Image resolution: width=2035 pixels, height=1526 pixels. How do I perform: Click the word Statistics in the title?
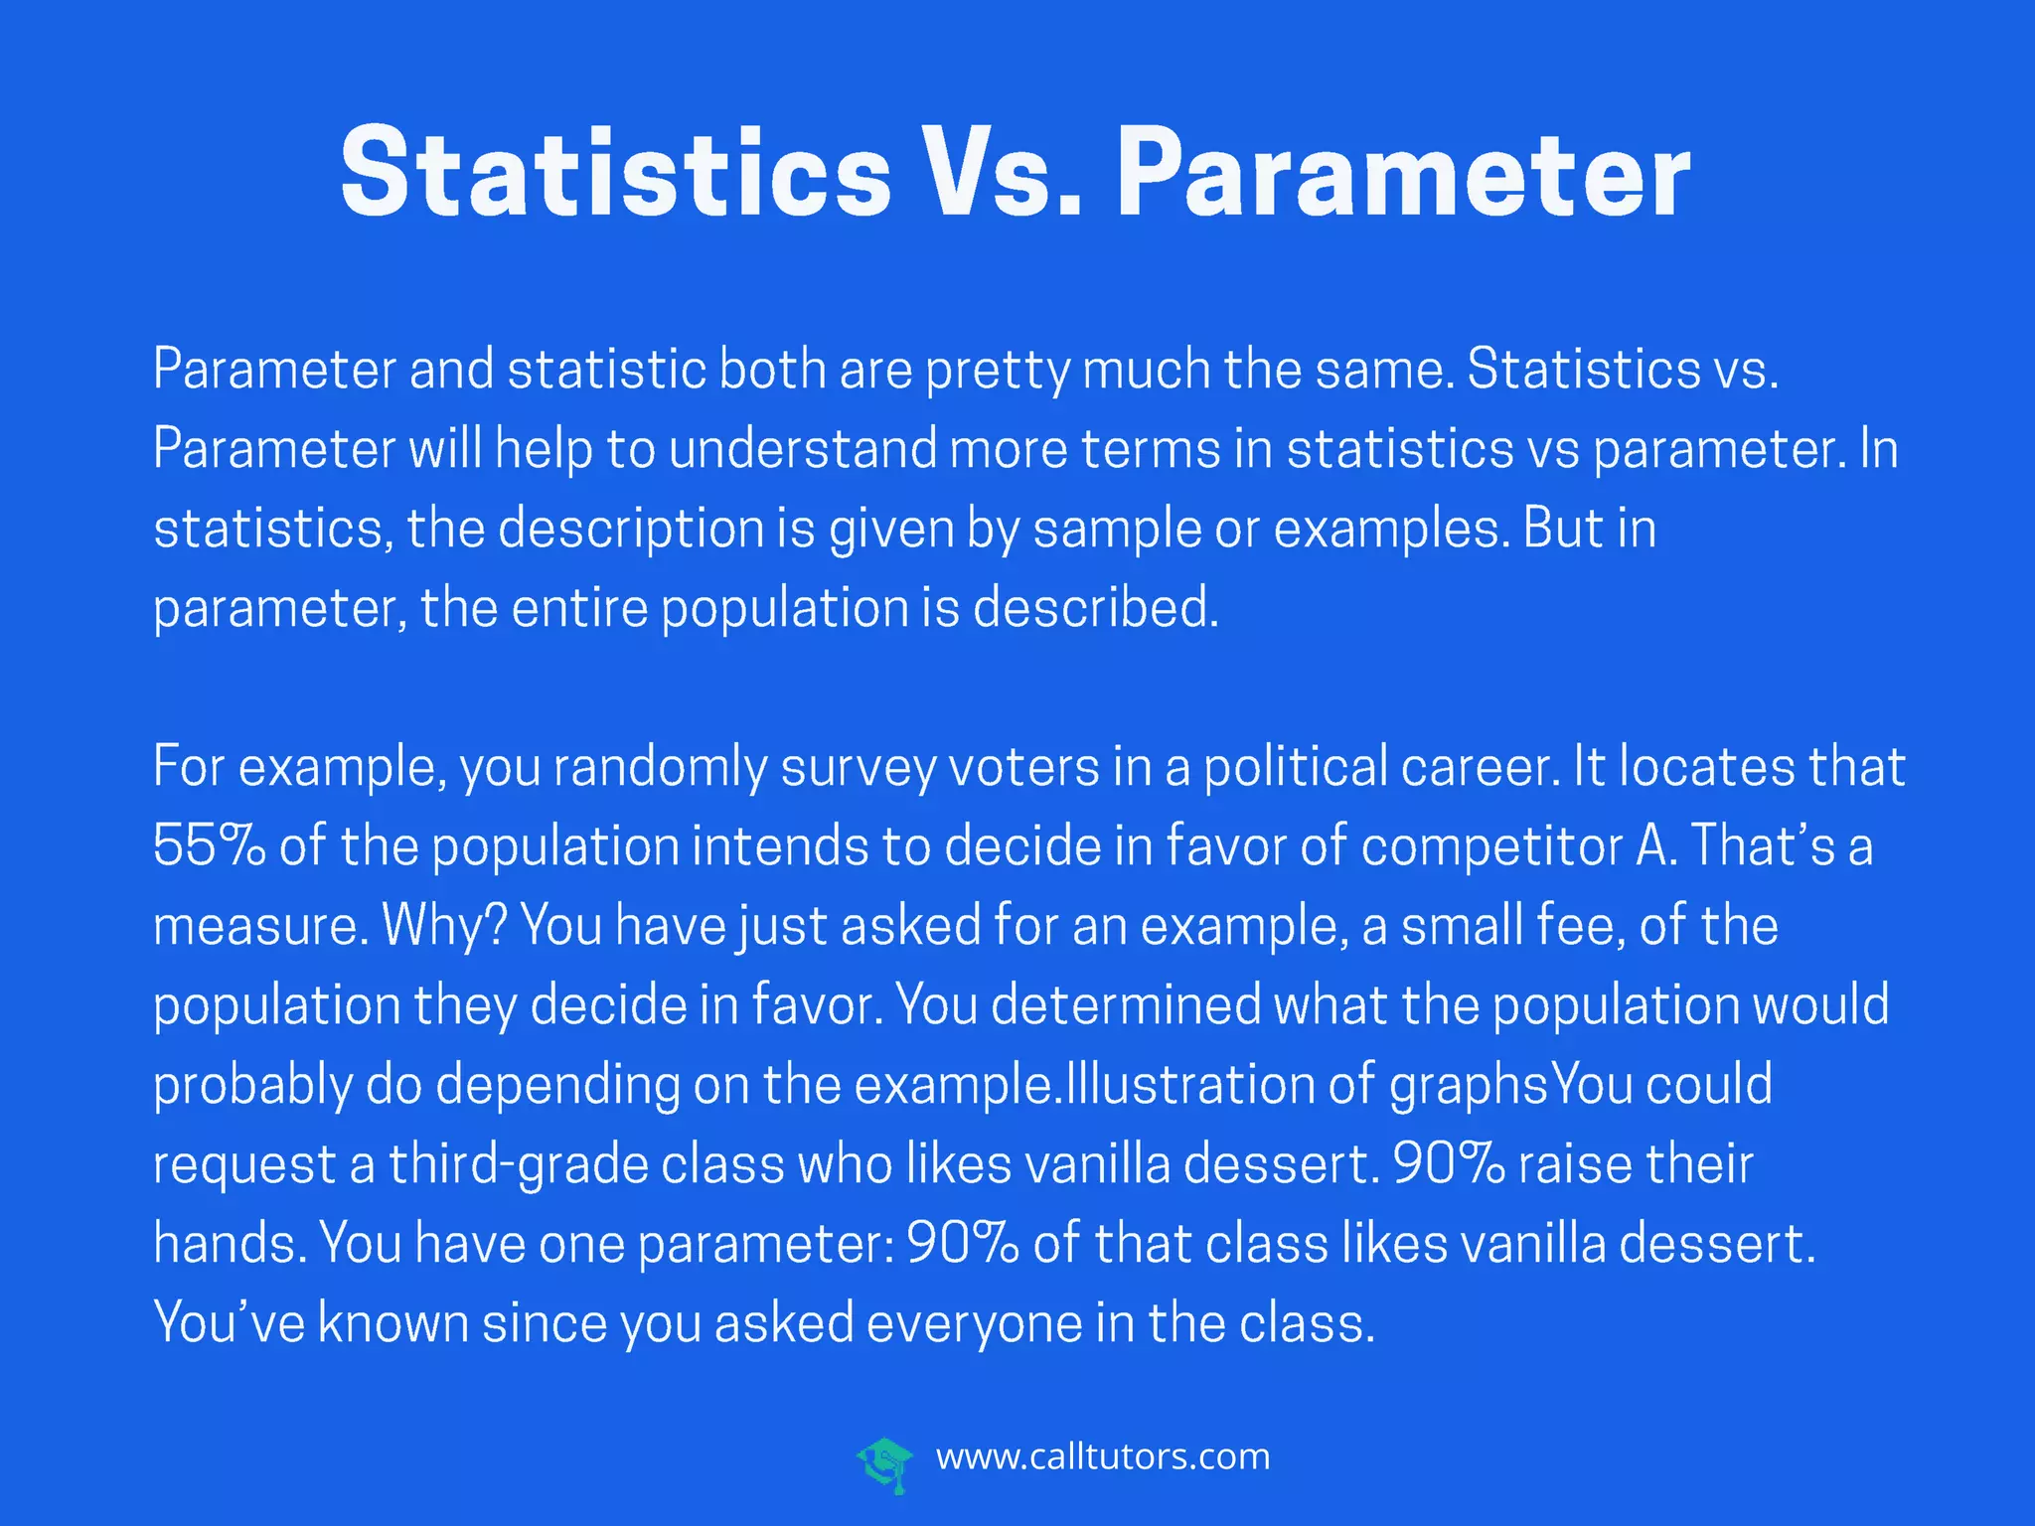point(615,173)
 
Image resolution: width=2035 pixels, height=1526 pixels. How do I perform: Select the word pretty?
point(998,371)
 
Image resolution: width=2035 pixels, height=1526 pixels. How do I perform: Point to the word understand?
point(803,449)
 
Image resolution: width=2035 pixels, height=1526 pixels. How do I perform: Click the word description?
point(630,529)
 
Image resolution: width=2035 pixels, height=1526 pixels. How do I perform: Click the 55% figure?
point(209,846)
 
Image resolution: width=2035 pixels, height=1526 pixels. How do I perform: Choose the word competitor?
point(1491,846)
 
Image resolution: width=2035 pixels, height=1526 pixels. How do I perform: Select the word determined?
point(1126,1005)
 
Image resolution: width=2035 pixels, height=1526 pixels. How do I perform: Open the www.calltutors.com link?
point(1103,1457)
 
